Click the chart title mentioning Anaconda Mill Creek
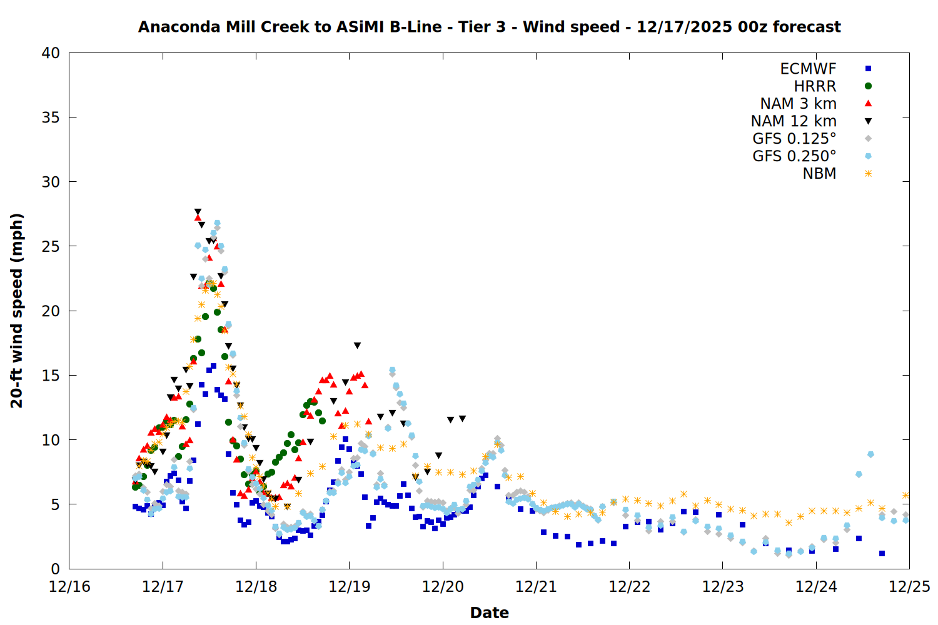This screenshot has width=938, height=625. (x=489, y=27)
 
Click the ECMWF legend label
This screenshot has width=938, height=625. (x=808, y=69)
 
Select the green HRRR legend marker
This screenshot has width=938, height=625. (x=868, y=86)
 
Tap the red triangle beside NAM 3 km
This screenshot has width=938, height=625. (x=868, y=103)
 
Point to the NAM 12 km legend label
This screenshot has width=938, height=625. (x=794, y=121)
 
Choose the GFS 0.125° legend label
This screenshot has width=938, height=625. (x=794, y=139)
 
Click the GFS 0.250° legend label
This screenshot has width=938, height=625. (x=794, y=156)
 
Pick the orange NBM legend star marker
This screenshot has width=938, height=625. (x=868, y=174)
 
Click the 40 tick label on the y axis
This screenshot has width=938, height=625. (x=51, y=53)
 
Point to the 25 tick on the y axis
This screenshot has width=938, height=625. (x=51, y=246)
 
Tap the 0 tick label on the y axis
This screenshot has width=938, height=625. (x=55, y=569)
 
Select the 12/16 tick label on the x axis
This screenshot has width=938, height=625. (x=69, y=587)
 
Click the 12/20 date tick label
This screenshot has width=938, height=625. (x=443, y=587)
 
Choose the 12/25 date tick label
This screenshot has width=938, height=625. (x=909, y=587)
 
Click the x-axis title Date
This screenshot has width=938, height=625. (x=489, y=612)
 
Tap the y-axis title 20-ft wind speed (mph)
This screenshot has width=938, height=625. (x=17, y=311)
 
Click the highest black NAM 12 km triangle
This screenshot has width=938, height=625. (x=198, y=212)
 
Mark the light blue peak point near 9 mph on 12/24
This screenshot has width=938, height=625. (x=870, y=454)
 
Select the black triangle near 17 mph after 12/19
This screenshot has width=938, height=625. (x=357, y=345)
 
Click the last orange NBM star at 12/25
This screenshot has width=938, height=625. (x=905, y=495)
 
